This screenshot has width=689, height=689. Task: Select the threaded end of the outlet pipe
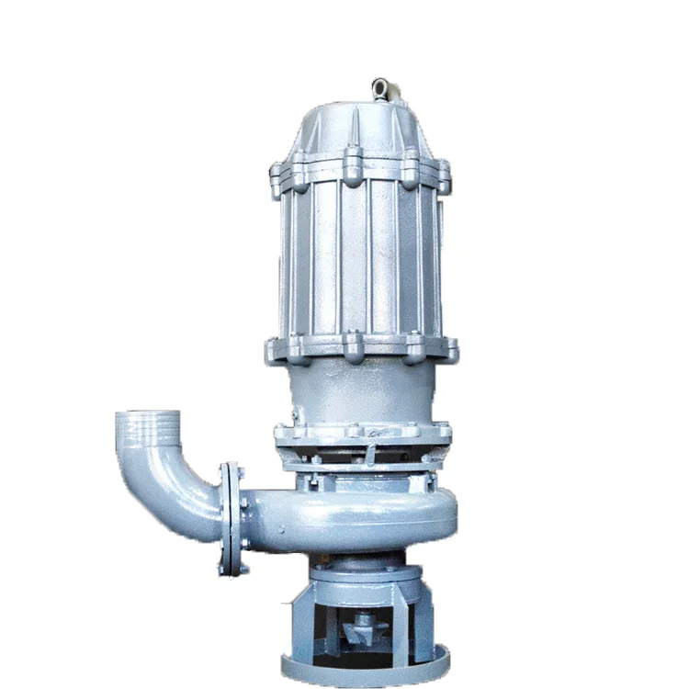tap(145, 435)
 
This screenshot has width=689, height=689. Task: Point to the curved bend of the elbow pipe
tap(179, 496)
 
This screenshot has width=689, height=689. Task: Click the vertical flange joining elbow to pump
tap(232, 519)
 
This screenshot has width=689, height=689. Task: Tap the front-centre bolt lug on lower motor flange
tap(353, 346)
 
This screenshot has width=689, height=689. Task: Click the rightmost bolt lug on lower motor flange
tap(449, 349)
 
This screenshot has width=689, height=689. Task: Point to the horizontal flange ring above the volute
tap(363, 433)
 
